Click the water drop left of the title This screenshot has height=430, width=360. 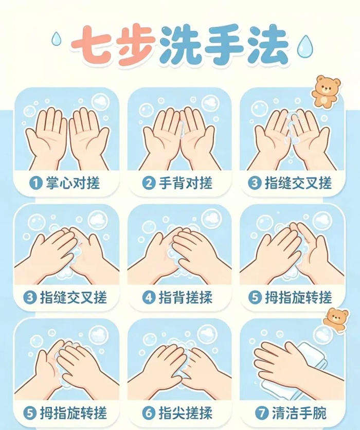pyautogui.click(x=57, y=39)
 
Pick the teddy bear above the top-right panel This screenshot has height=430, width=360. pyautogui.click(x=326, y=92)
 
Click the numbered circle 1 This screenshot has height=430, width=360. pyautogui.click(x=36, y=183)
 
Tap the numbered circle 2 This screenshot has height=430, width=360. pyautogui.click(x=149, y=183)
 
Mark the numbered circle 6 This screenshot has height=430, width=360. pyautogui.click(x=149, y=413)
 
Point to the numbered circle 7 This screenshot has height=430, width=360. pyautogui.click(x=262, y=413)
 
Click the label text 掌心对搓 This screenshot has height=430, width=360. pyautogui.click(x=73, y=183)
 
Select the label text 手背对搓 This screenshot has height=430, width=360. pyautogui.click(x=186, y=183)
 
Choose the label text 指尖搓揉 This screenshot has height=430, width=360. pyautogui.click(x=186, y=413)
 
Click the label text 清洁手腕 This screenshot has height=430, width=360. pyautogui.click(x=299, y=413)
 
